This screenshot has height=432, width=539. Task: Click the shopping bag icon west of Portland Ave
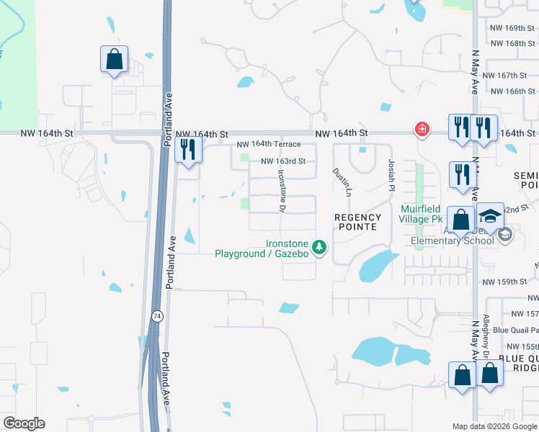[115, 59]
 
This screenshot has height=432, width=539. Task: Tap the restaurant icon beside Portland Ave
[188, 150]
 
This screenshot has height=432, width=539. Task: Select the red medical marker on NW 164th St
[422, 130]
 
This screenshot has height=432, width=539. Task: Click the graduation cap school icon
[490, 216]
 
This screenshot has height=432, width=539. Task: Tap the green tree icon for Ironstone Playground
[319, 248]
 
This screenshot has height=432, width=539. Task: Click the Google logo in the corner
[24, 423]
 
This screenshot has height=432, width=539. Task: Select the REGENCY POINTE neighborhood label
[356, 221]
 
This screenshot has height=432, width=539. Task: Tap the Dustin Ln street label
[341, 182]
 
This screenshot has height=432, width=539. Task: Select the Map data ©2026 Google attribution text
[494, 426]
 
